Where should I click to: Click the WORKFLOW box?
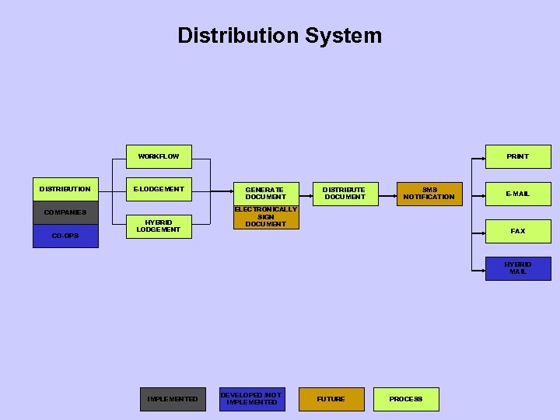coord(159,156)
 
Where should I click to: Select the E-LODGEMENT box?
coord(159,189)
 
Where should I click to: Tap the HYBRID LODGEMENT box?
coord(159,226)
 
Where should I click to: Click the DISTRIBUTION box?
coord(65,189)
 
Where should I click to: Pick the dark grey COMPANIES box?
coord(65,212)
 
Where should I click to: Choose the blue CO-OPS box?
coord(65,236)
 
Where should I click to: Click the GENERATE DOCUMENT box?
coord(265,193)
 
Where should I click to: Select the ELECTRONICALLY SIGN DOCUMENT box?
coord(265,217)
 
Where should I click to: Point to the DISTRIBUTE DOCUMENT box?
coord(345,193)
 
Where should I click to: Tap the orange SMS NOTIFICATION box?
coord(429,193)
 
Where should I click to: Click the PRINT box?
coord(518,156)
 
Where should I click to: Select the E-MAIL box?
coord(518,194)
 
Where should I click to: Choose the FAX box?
coord(518,231)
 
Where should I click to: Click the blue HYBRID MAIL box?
coord(518,268)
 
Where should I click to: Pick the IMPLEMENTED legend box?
coord(173,399)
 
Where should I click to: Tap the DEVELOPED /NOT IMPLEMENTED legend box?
coord(251,399)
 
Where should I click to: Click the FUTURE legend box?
coord(331,399)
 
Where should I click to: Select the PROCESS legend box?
coord(406,399)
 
